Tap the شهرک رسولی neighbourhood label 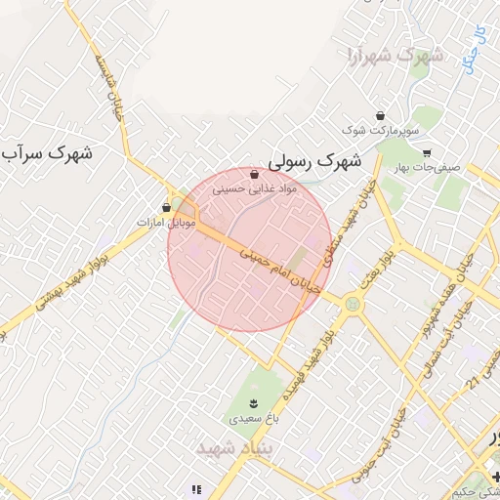(x=314, y=157)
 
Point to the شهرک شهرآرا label (x=394, y=56)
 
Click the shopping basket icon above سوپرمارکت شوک (x=380, y=114)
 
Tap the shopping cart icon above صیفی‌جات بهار (x=426, y=153)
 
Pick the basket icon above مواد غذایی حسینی (x=255, y=175)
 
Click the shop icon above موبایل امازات (x=166, y=207)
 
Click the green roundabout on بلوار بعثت (x=351, y=304)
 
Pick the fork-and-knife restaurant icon (x=196, y=489)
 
